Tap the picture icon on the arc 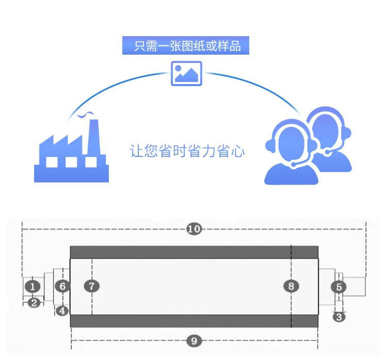click(186, 74)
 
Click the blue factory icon click(71, 155)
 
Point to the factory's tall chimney click(93, 137)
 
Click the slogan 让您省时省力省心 click(187, 152)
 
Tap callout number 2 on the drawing click(34, 303)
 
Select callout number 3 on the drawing click(338, 317)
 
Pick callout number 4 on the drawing click(62, 311)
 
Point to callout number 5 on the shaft click(338, 287)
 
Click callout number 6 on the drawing click(62, 286)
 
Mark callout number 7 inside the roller click(91, 286)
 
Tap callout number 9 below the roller click(193, 340)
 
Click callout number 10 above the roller click(194, 229)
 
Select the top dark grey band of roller click(193, 252)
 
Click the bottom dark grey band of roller click(193, 321)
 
